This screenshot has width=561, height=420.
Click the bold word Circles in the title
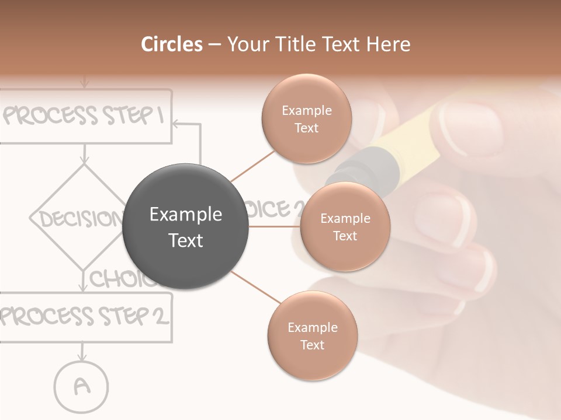coord(171,44)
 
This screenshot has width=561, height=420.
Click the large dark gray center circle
coord(186,227)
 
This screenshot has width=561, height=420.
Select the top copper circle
coord(306,119)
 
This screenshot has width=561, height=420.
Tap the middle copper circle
coord(345,227)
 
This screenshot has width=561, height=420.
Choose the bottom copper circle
coord(312,335)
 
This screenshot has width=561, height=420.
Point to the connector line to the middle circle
coord(274,226)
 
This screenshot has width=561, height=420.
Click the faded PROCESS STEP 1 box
coord(85,116)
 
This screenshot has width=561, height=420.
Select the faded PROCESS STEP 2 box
coord(85,317)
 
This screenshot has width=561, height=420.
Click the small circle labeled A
coord(82,386)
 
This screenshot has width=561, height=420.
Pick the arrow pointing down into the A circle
coord(82,352)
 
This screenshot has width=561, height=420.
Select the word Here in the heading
coord(388,44)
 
